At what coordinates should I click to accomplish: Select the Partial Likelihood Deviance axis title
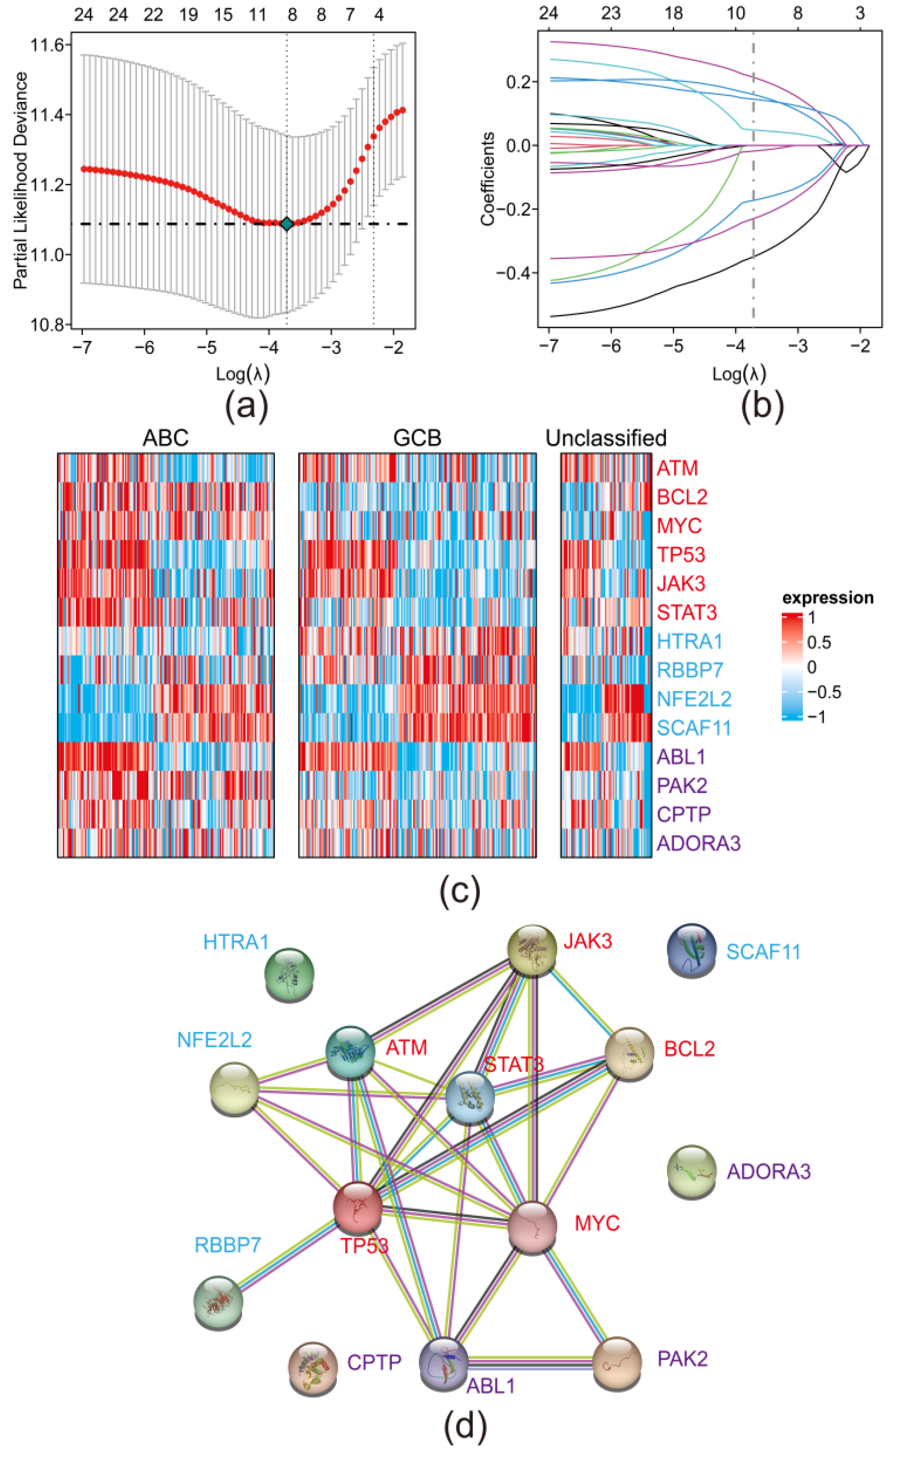(21, 180)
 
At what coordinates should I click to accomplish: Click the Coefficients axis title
(487, 179)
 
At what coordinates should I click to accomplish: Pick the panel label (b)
(762, 404)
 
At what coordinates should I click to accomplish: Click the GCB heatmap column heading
(417, 437)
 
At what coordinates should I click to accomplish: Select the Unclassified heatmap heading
(606, 437)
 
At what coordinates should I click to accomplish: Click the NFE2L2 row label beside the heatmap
(694, 699)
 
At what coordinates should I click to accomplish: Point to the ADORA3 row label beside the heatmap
(698, 843)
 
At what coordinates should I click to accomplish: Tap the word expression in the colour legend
(828, 598)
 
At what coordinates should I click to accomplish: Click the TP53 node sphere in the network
(357, 1208)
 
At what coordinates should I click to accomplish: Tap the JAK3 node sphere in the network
(532, 949)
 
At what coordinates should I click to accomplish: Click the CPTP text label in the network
(374, 1362)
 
